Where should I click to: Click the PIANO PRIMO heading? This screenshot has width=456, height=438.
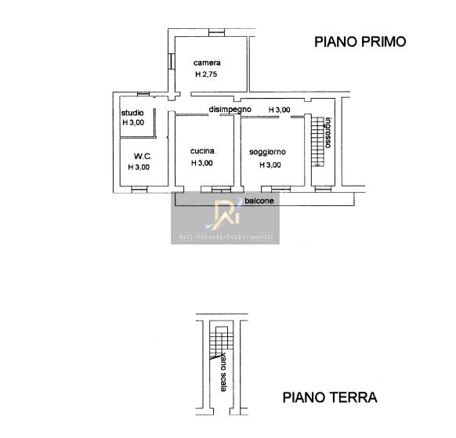(x=360, y=42)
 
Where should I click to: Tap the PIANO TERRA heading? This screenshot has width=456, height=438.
(x=330, y=397)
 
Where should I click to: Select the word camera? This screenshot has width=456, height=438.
(x=207, y=63)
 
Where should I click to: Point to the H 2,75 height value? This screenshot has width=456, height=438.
(x=206, y=74)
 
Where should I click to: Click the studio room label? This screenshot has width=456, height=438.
(x=132, y=113)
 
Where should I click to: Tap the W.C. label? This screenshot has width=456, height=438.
(x=143, y=156)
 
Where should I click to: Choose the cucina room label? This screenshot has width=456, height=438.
(x=203, y=151)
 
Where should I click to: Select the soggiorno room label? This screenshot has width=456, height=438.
(x=267, y=152)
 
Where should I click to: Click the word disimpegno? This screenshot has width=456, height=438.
(x=230, y=110)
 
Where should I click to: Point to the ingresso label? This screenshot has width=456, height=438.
(x=328, y=132)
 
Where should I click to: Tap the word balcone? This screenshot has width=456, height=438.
(x=259, y=201)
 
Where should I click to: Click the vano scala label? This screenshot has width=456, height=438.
(x=223, y=372)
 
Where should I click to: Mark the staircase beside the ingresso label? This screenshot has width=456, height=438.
(x=317, y=141)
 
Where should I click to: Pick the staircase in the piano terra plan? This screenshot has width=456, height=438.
(x=222, y=342)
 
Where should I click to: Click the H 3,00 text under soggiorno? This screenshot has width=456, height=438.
(x=270, y=165)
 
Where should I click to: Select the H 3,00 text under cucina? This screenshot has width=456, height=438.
(x=202, y=163)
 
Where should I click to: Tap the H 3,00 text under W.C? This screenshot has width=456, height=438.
(x=139, y=167)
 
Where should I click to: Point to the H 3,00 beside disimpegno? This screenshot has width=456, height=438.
(x=279, y=110)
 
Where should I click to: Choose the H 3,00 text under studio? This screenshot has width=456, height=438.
(x=133, y=122)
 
